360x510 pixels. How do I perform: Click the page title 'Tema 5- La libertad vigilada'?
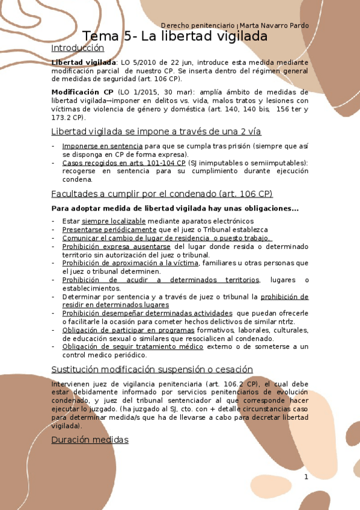[x=175, y=37]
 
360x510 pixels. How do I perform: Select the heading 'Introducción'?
[x=78, y=49]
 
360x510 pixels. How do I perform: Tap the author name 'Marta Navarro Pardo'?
[x=275, y=26]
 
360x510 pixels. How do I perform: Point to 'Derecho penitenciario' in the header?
[x=199, y=26]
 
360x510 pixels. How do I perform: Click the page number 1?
[x=306, y=477]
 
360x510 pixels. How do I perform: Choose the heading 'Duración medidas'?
[x=90, y=440]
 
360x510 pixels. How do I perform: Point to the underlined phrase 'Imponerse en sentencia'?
[x=102, y=146]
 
